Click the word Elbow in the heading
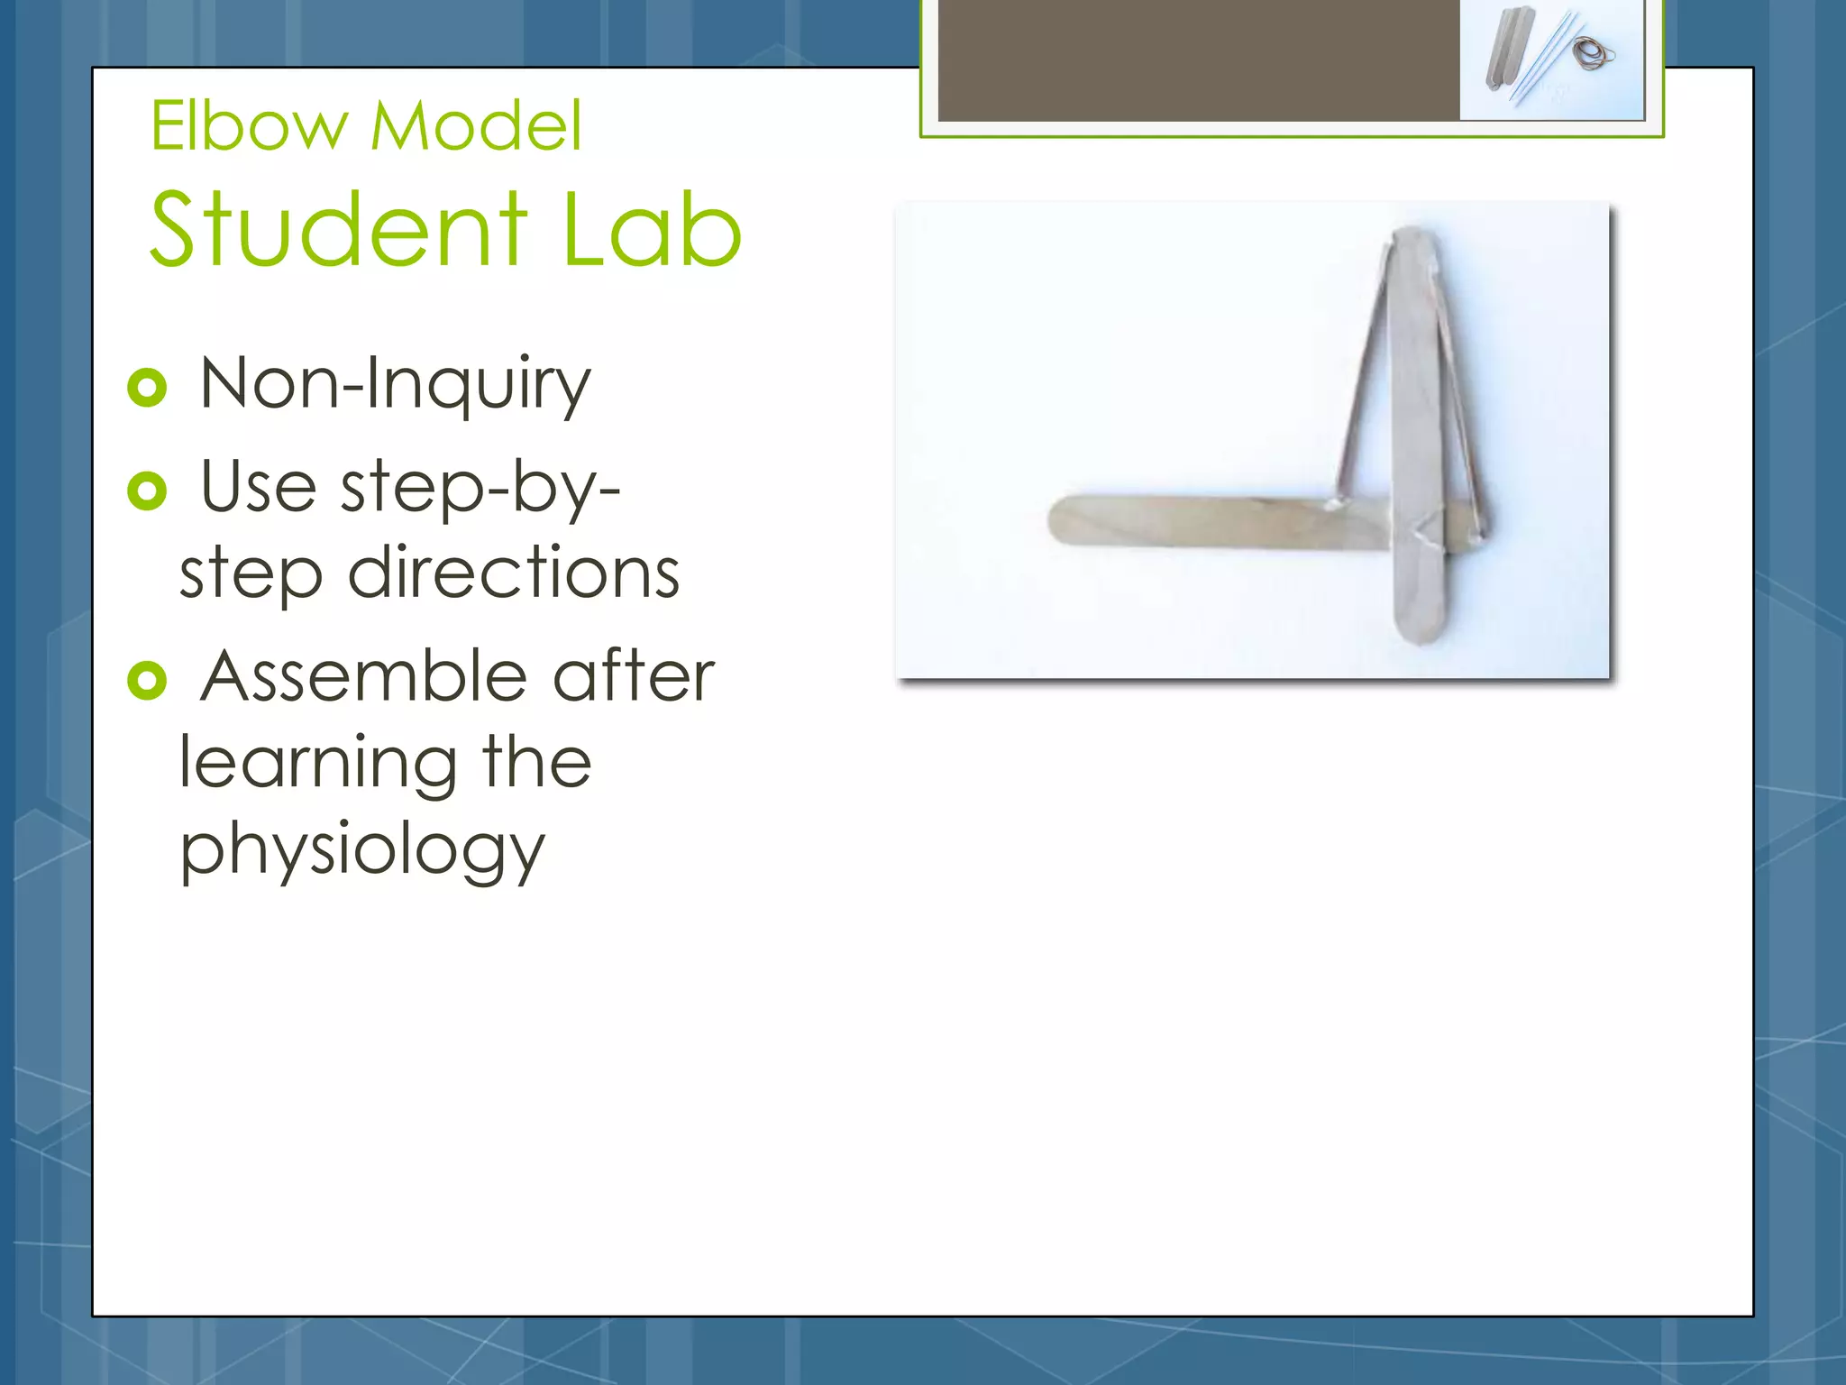pos(249,126)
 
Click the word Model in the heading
pos(476,126)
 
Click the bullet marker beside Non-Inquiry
pos(147,388)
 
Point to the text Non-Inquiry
pos(395,386)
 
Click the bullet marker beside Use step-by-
pos(147,491)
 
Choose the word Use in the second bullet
pos(258,488)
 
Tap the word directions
pos(514,573)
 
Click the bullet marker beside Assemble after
pos(147,680)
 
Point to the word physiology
pos(362,851)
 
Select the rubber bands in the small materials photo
pos(1594,55)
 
